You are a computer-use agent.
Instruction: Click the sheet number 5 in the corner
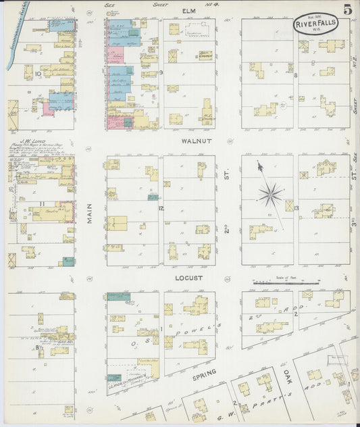click(x=346, y=9)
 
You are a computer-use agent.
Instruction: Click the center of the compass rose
click(x=270, y=195)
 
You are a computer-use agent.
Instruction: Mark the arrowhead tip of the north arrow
click(x=259, y=162)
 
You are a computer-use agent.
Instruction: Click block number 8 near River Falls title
click(x=296, y=75)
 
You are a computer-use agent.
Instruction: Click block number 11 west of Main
click(x=41, y=203)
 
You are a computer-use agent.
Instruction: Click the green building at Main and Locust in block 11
click(x=68, y=261)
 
